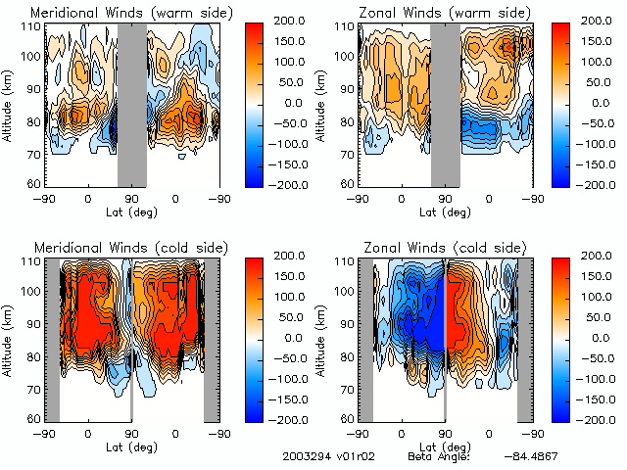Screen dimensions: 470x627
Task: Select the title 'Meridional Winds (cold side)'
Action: click(119, 247)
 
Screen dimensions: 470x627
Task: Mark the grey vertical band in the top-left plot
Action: click(132, 103)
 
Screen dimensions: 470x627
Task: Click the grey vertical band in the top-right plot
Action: click(446, 103)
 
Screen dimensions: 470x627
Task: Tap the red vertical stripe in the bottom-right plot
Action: click(446, 313)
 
